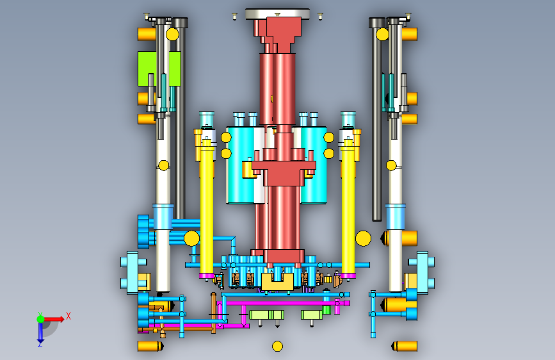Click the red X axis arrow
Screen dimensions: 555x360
(54, 319)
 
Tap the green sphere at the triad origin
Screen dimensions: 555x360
(40, 319)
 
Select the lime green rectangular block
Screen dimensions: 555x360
(159, 69)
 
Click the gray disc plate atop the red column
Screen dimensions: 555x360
(278, 14)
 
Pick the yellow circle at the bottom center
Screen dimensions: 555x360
(278, 346)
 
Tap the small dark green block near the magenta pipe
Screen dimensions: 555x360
(326, 310)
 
